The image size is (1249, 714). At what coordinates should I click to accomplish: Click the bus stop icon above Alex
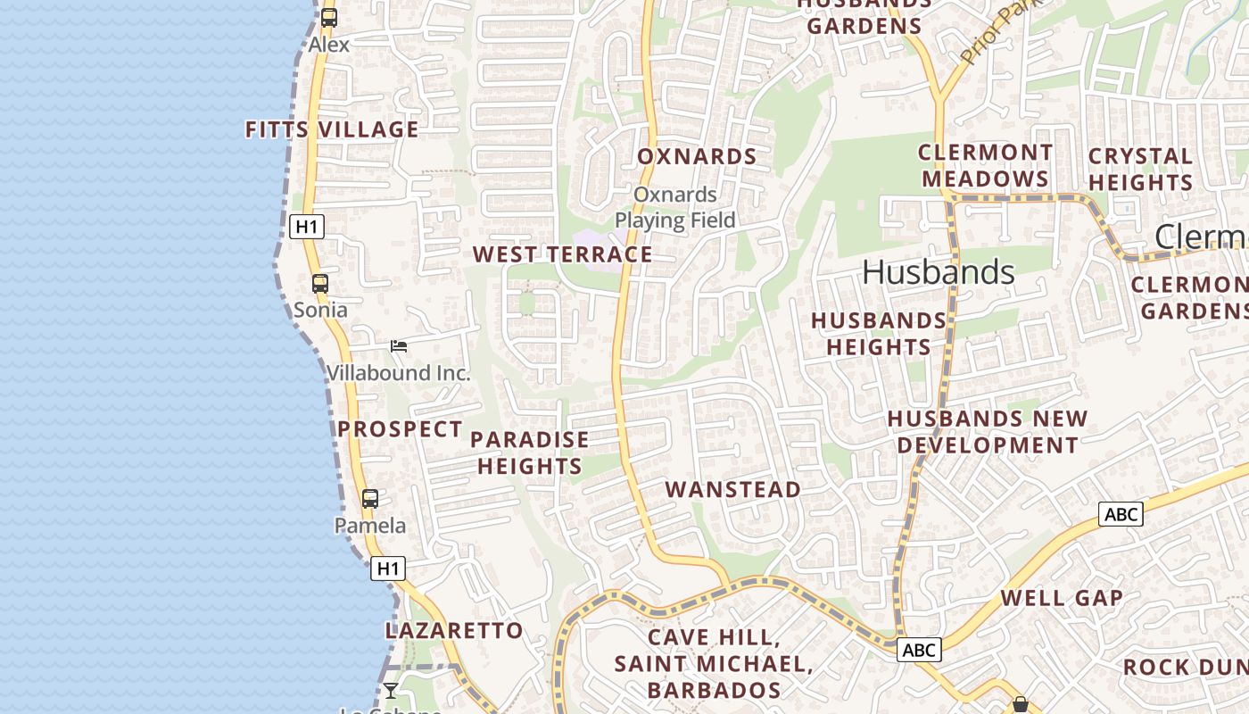click(x=329, y=17)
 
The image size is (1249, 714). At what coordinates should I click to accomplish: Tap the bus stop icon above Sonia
click(x=320, y=284)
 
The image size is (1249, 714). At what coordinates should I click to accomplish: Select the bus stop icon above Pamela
click(x=370, y=499)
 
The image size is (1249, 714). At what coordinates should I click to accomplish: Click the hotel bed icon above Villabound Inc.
click(x=399, y=346)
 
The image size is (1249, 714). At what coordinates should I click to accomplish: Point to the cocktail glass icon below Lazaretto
click(x=391, y=690)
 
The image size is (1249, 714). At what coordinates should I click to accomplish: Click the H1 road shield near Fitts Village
click(x=306, y=227)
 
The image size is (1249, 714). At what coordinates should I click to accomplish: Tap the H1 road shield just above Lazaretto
click(x=388, y=568)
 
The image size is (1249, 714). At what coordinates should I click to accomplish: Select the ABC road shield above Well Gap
click(x=1121, y=514)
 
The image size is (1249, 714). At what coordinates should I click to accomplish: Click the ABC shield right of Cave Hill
click(x=918, y=650)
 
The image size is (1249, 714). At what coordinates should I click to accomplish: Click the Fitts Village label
click(x=332, y=129)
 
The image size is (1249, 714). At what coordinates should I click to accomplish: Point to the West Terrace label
click(x=562, y=254)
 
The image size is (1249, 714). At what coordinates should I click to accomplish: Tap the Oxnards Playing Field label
click(x=675, y=207)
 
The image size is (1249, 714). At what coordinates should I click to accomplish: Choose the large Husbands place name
click(x=939, y=272)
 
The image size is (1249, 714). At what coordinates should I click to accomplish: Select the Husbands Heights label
click(x=879, y=333)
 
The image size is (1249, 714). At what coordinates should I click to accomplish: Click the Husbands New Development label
click(x=988, y=431)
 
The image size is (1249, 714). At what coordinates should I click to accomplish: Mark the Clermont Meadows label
click(x=986, y=165)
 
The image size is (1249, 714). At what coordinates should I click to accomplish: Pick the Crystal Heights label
click(x=1140, y=169)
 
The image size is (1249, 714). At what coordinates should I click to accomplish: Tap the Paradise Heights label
click(x=529, y=452)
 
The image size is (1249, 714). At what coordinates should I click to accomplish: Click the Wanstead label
click(x=733, y=489)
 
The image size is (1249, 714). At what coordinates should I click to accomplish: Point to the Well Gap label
click(x=1062, y=598)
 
